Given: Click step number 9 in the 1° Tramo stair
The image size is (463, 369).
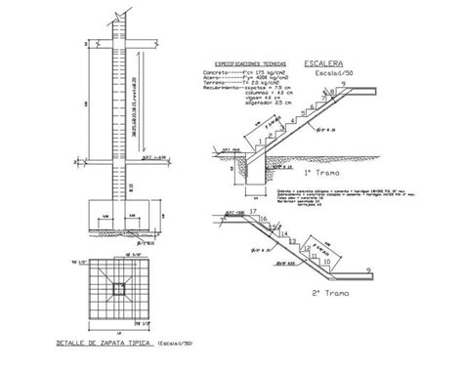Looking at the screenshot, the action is click(x=344, y=85).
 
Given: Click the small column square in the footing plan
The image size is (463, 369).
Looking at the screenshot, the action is click(x=117, y=288).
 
